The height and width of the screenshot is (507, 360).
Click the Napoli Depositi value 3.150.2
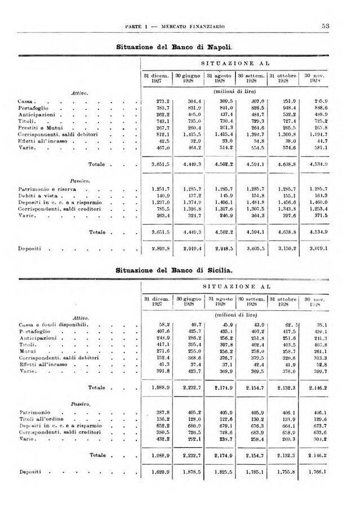click(283, 247)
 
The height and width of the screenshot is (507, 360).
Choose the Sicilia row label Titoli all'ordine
click(41, 419)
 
